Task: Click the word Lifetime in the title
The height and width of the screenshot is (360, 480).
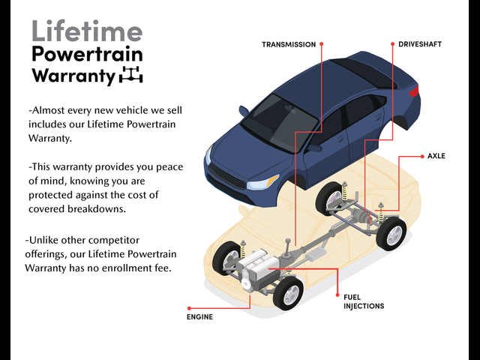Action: click(x=87, y=31)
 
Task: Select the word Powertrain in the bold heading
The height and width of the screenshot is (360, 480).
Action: click(x=87, y=55)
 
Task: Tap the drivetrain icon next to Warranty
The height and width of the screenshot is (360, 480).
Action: click(x=131, y=74)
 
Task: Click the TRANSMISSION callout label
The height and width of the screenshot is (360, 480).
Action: click(x=289, y=45)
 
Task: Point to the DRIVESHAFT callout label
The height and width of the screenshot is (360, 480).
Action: click(x=420, y=44)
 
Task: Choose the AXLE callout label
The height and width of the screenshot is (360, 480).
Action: click(x=436, y=156)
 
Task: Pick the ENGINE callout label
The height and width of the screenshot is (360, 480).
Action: click(x=199, y=317)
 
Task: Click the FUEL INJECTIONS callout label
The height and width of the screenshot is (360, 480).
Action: click(x=364, y=301)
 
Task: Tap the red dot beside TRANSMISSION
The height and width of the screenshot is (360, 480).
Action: click(x=322, y=44)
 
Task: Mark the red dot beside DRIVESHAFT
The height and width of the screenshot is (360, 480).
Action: click(x=393, y=44)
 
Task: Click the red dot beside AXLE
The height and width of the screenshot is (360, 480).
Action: click(x=422, y=157)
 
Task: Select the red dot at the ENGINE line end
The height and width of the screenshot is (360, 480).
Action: click(x=189, y=308)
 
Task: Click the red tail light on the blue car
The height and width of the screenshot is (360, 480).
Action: click(x=414, y=91)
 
